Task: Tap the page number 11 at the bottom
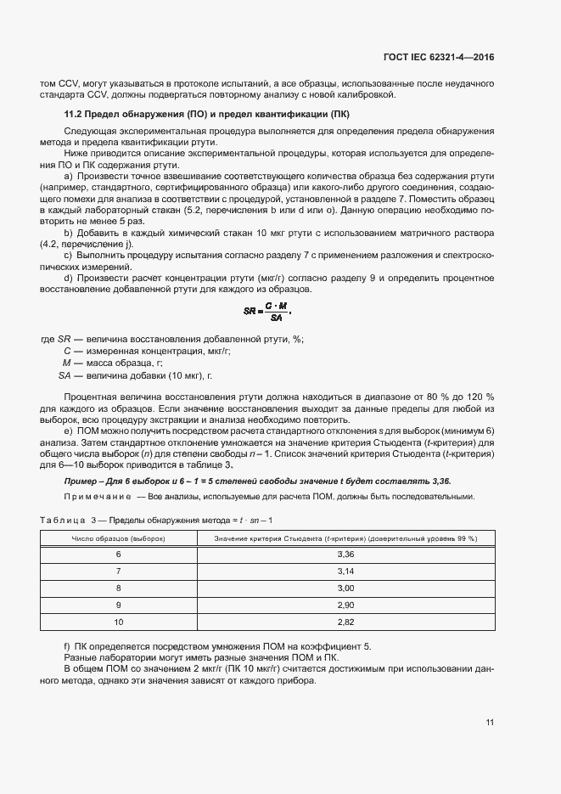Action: coord(490,723)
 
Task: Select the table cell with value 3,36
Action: coord(345,554)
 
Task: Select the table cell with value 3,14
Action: coord(345,571)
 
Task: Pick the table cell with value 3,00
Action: coord(345,588)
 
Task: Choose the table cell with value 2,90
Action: coord(345,605)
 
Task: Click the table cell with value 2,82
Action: coord(345,622)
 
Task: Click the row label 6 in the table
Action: coord(118,554)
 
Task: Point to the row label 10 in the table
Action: coord(118,622)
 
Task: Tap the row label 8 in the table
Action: coord(118,588)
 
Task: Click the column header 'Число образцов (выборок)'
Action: coord(118,538)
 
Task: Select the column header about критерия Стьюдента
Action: coord(345,538)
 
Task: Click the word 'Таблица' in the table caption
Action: coord(62,519)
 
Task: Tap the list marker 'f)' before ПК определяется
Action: coord(68,647)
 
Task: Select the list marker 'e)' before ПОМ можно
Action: coord(68,432)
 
